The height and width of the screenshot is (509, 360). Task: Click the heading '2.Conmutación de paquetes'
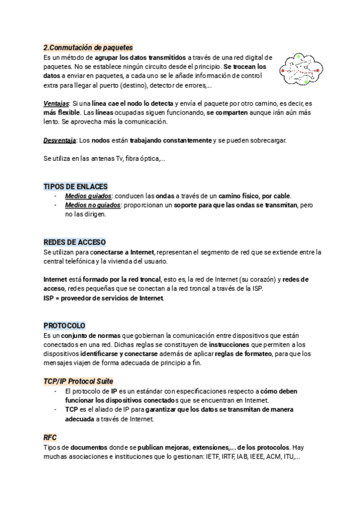88,47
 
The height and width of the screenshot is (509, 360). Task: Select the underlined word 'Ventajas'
56,103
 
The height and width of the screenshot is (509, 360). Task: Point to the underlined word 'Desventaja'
59,140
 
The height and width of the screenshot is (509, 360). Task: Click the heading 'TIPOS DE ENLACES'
76,187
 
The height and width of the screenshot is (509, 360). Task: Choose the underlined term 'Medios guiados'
88,196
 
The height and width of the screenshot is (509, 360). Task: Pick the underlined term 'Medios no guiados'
92,205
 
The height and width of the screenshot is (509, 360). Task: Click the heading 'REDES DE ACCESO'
75,242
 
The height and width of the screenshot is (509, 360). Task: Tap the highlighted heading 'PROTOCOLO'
65,326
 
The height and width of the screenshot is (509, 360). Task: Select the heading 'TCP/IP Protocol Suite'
79,382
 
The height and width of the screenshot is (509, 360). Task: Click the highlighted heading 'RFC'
50,438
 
